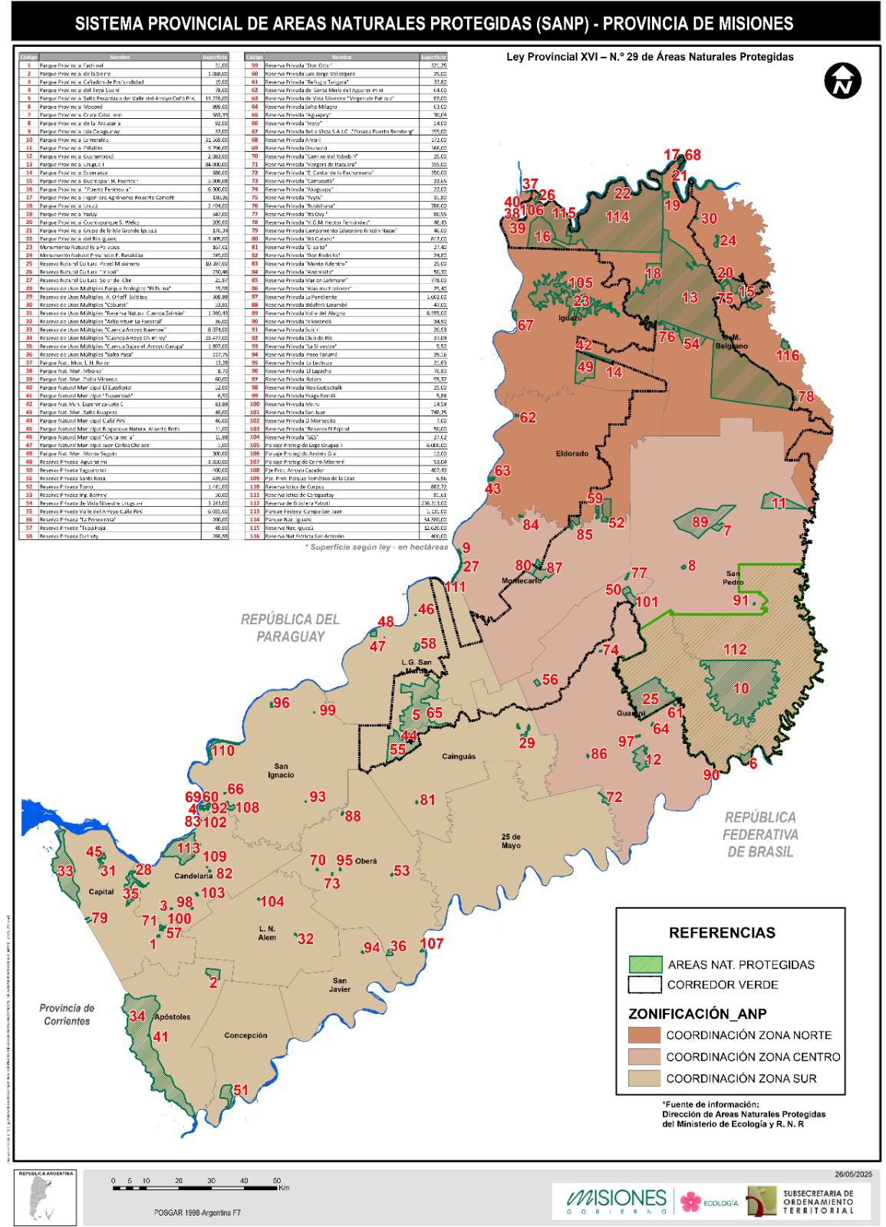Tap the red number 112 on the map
pyautogui.click(x=734, y=650)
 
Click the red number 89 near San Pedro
pyautogui.click(x=700, y=522)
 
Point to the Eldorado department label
pyautogui.click(x=571, y=453)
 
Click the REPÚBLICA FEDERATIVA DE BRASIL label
pyautogui.click(x=760, y=834)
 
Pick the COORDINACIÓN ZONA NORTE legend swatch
pyautogui.click(x=644, y=1035)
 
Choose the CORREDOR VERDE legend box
pyautogui.click(x=644, y=985)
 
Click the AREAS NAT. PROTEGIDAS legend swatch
pyautogui.click(x=644, y=965)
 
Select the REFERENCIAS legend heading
pyautogui.click(x=722, y=933)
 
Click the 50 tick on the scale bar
pyautogui.click(x=276, y=1180)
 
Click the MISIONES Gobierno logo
pyautogui.click(x=617, y=1200)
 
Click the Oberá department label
pyautogui.click(x=366, y=861)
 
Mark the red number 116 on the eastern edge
pyautogui.click(x=787, y=355)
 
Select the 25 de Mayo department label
pyautogui.click(x=511, y=840)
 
